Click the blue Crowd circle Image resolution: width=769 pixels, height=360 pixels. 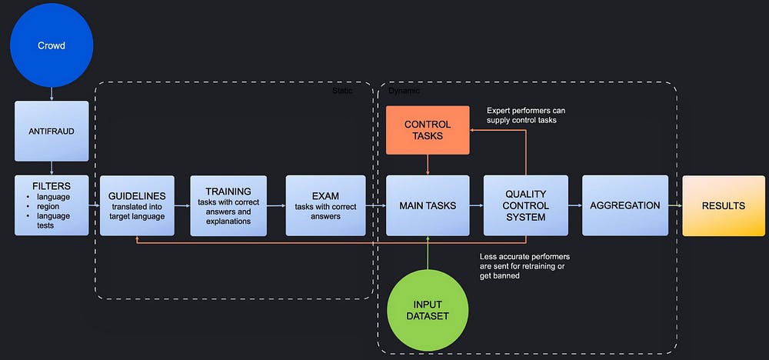52,45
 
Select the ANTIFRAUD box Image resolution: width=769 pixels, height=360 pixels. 52,130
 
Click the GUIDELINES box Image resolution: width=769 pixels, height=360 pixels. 137,205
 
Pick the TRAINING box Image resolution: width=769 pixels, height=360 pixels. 228,205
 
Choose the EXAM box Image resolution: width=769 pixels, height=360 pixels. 325,205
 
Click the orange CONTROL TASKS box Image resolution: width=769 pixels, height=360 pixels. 427,130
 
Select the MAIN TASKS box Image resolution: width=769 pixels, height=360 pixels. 428,205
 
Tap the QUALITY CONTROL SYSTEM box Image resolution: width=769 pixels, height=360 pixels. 526,205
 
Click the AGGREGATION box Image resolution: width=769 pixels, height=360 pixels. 624,205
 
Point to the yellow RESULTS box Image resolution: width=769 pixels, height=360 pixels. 723,205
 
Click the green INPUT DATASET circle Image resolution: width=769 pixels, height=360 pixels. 427,310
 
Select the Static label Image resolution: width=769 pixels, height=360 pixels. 342,91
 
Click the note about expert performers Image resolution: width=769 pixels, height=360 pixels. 531,115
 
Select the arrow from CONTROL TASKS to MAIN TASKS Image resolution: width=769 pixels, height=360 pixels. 427,164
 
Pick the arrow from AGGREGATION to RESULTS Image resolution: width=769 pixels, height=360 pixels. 674,205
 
